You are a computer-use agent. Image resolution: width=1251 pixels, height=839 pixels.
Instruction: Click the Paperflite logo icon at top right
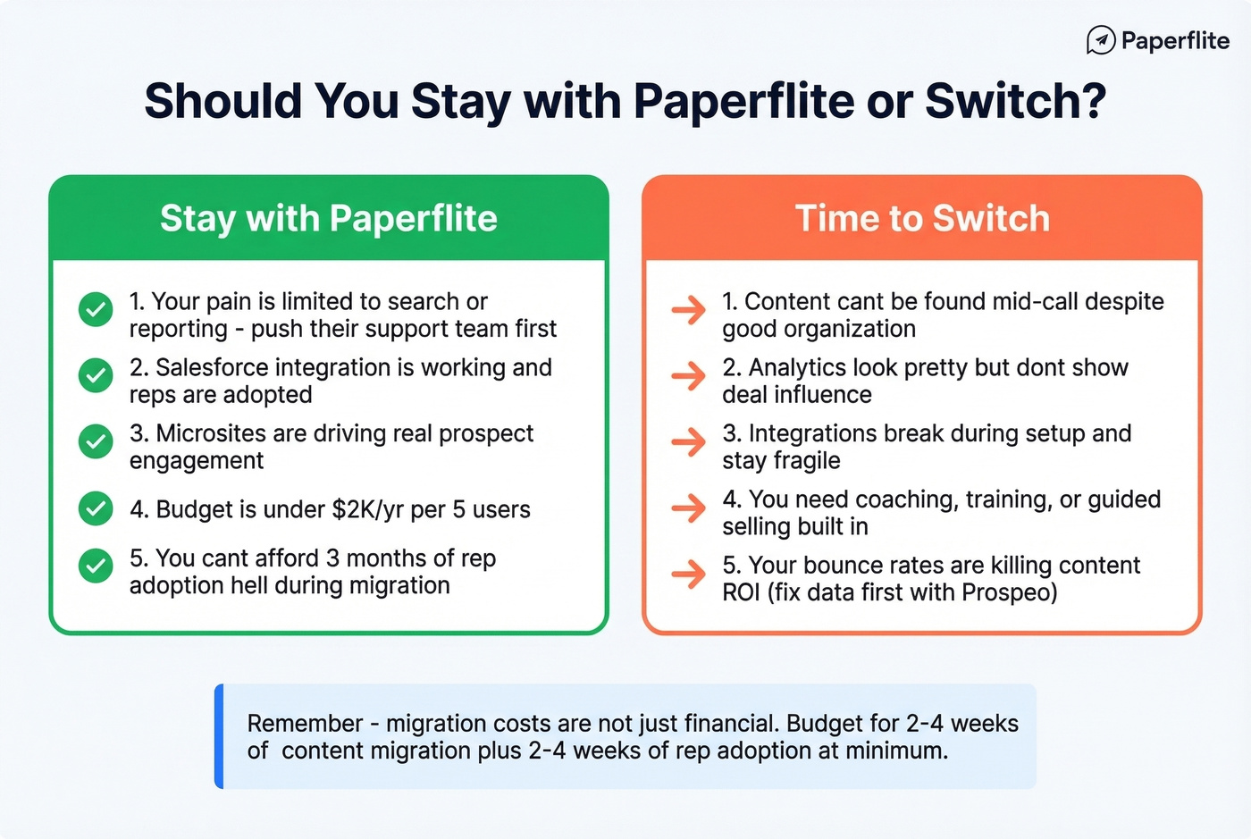click(1101, 40)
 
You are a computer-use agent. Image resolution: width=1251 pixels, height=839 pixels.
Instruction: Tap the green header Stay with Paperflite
click(328, 218)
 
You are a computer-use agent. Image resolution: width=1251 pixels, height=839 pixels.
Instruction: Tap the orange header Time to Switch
click(922, 218)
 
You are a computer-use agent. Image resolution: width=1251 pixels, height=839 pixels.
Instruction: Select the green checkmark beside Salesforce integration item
click(96, 375)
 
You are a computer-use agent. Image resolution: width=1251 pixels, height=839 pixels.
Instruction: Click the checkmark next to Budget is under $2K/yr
click(96, 508)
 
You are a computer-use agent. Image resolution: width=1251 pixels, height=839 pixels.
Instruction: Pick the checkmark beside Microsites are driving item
click(96, 441)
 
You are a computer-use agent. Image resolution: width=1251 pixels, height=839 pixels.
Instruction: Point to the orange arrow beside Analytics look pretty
click(688, 376)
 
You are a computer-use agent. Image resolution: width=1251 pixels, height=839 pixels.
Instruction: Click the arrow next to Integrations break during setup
click(688, 441)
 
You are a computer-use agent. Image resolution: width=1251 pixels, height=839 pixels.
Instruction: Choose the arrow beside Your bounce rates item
click(688, 574)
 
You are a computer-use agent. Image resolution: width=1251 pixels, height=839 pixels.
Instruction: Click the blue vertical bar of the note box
click(220, 736)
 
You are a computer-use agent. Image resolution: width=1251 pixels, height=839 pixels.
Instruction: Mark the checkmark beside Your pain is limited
click(96, 309)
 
